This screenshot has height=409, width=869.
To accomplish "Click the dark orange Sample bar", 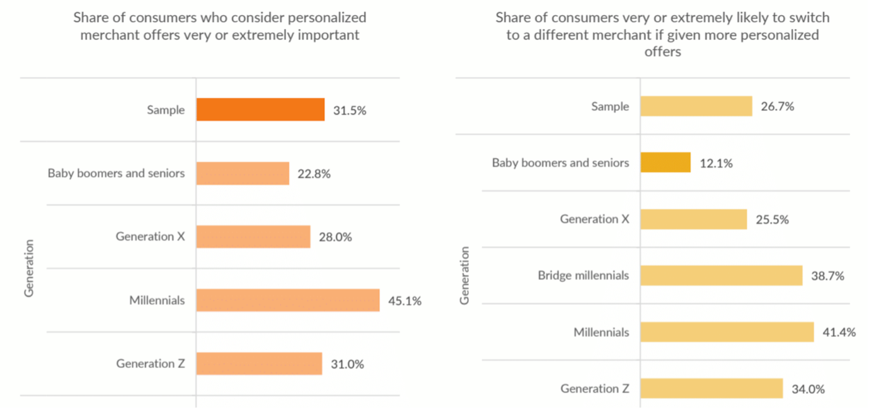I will pyautogui.click(x=260, y=109).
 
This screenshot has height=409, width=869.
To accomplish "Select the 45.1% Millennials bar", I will pyautogui.click(x=288, y=300).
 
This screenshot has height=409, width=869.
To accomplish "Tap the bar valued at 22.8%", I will pyautogui.click(x=243, y=173).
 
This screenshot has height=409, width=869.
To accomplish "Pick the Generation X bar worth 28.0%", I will pyautogui.click(x=253, y=237).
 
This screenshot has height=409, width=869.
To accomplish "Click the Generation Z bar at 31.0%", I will pyautogui.click(x=259, y=363).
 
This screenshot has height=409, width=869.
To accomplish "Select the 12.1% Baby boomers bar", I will pyautogui.click(x=665, y=162).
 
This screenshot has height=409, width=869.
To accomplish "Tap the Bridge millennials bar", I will pyautogui.click(x=721, y=276).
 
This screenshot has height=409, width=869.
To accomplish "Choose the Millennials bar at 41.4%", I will pyautogui.click(x=727, y=332).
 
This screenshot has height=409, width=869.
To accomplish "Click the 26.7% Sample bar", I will pyautogui.click(x=696, y=106).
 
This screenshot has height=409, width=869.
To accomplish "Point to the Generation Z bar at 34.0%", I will pyautogui.click(x=712, y=388).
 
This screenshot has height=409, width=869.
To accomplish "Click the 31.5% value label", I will pyautogui.click(x=349, y=110).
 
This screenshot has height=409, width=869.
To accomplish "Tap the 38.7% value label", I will pyautogui.click(x=827, y=276).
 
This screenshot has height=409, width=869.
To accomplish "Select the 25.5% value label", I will pyautogui.click(x=772, y=220).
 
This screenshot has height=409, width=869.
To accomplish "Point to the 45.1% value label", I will pyautogui.click(x=404, y=301).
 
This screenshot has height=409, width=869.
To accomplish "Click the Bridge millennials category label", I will pyautogui.click(x=583, y=276).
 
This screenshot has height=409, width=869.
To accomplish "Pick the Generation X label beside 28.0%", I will pyautogui.click(x=150, y=237).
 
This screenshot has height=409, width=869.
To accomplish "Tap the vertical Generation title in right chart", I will pyautogui.click(x=465, y=276).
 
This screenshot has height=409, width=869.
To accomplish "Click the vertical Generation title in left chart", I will pyautogui.click(x=29, y=268).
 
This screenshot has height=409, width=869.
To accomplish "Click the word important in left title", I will pyautogui.click(x=329, y=35).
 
